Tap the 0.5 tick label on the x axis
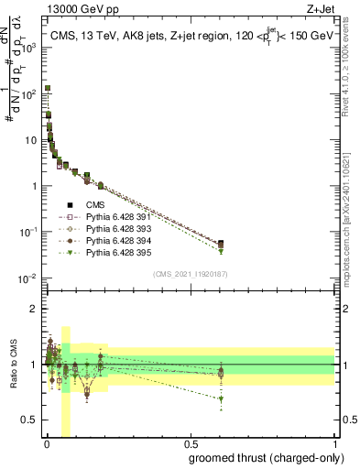[190, 443]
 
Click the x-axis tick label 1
[334, 443]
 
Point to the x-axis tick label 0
[46, 443]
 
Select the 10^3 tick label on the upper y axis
[30, 48]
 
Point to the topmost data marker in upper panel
[48, 89]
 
